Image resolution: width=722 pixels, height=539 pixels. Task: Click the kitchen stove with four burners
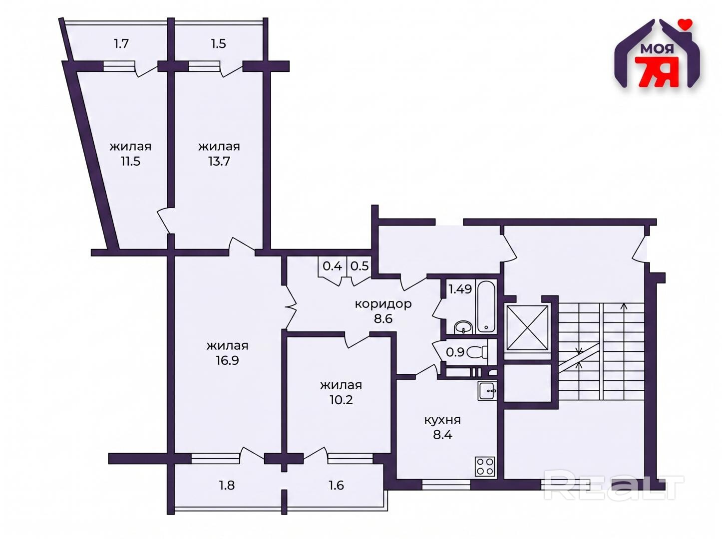(484, 466)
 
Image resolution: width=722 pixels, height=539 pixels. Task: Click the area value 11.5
(130, 161)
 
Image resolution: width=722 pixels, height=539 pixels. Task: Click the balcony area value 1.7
(121, 43)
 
